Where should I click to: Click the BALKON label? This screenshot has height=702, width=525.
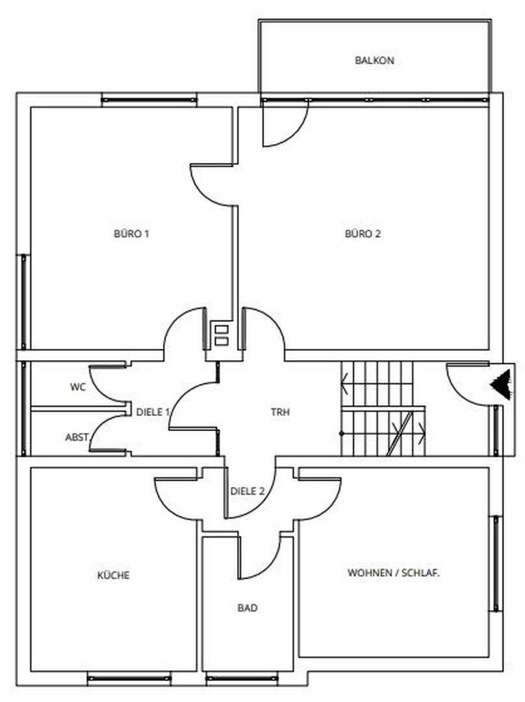coord(374,60)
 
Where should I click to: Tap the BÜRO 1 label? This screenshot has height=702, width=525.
coord(132,233)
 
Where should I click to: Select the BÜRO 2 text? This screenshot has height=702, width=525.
coord(363,233)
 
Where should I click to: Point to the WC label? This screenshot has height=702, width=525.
coord(77,387)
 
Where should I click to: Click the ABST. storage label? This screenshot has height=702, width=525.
coord(77,437)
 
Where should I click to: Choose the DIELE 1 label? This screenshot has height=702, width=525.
coord(153,412)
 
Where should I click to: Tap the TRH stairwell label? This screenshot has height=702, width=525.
coord(280,412)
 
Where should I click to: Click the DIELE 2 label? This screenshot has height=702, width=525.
coord(248,491)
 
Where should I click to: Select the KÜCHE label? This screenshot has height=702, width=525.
coord(113,575)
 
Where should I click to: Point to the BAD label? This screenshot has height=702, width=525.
coord(248,608)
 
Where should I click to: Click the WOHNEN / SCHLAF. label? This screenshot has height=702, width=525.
coord(394,573)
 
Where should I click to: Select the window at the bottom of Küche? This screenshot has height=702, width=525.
coord(129,678)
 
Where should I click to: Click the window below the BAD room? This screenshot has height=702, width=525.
coord(242,678)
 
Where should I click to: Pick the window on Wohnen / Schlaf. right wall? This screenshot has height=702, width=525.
coord(496,563)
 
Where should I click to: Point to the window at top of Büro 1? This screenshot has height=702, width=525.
coord(149,100)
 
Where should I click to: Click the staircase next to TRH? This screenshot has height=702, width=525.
coord(383,409)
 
